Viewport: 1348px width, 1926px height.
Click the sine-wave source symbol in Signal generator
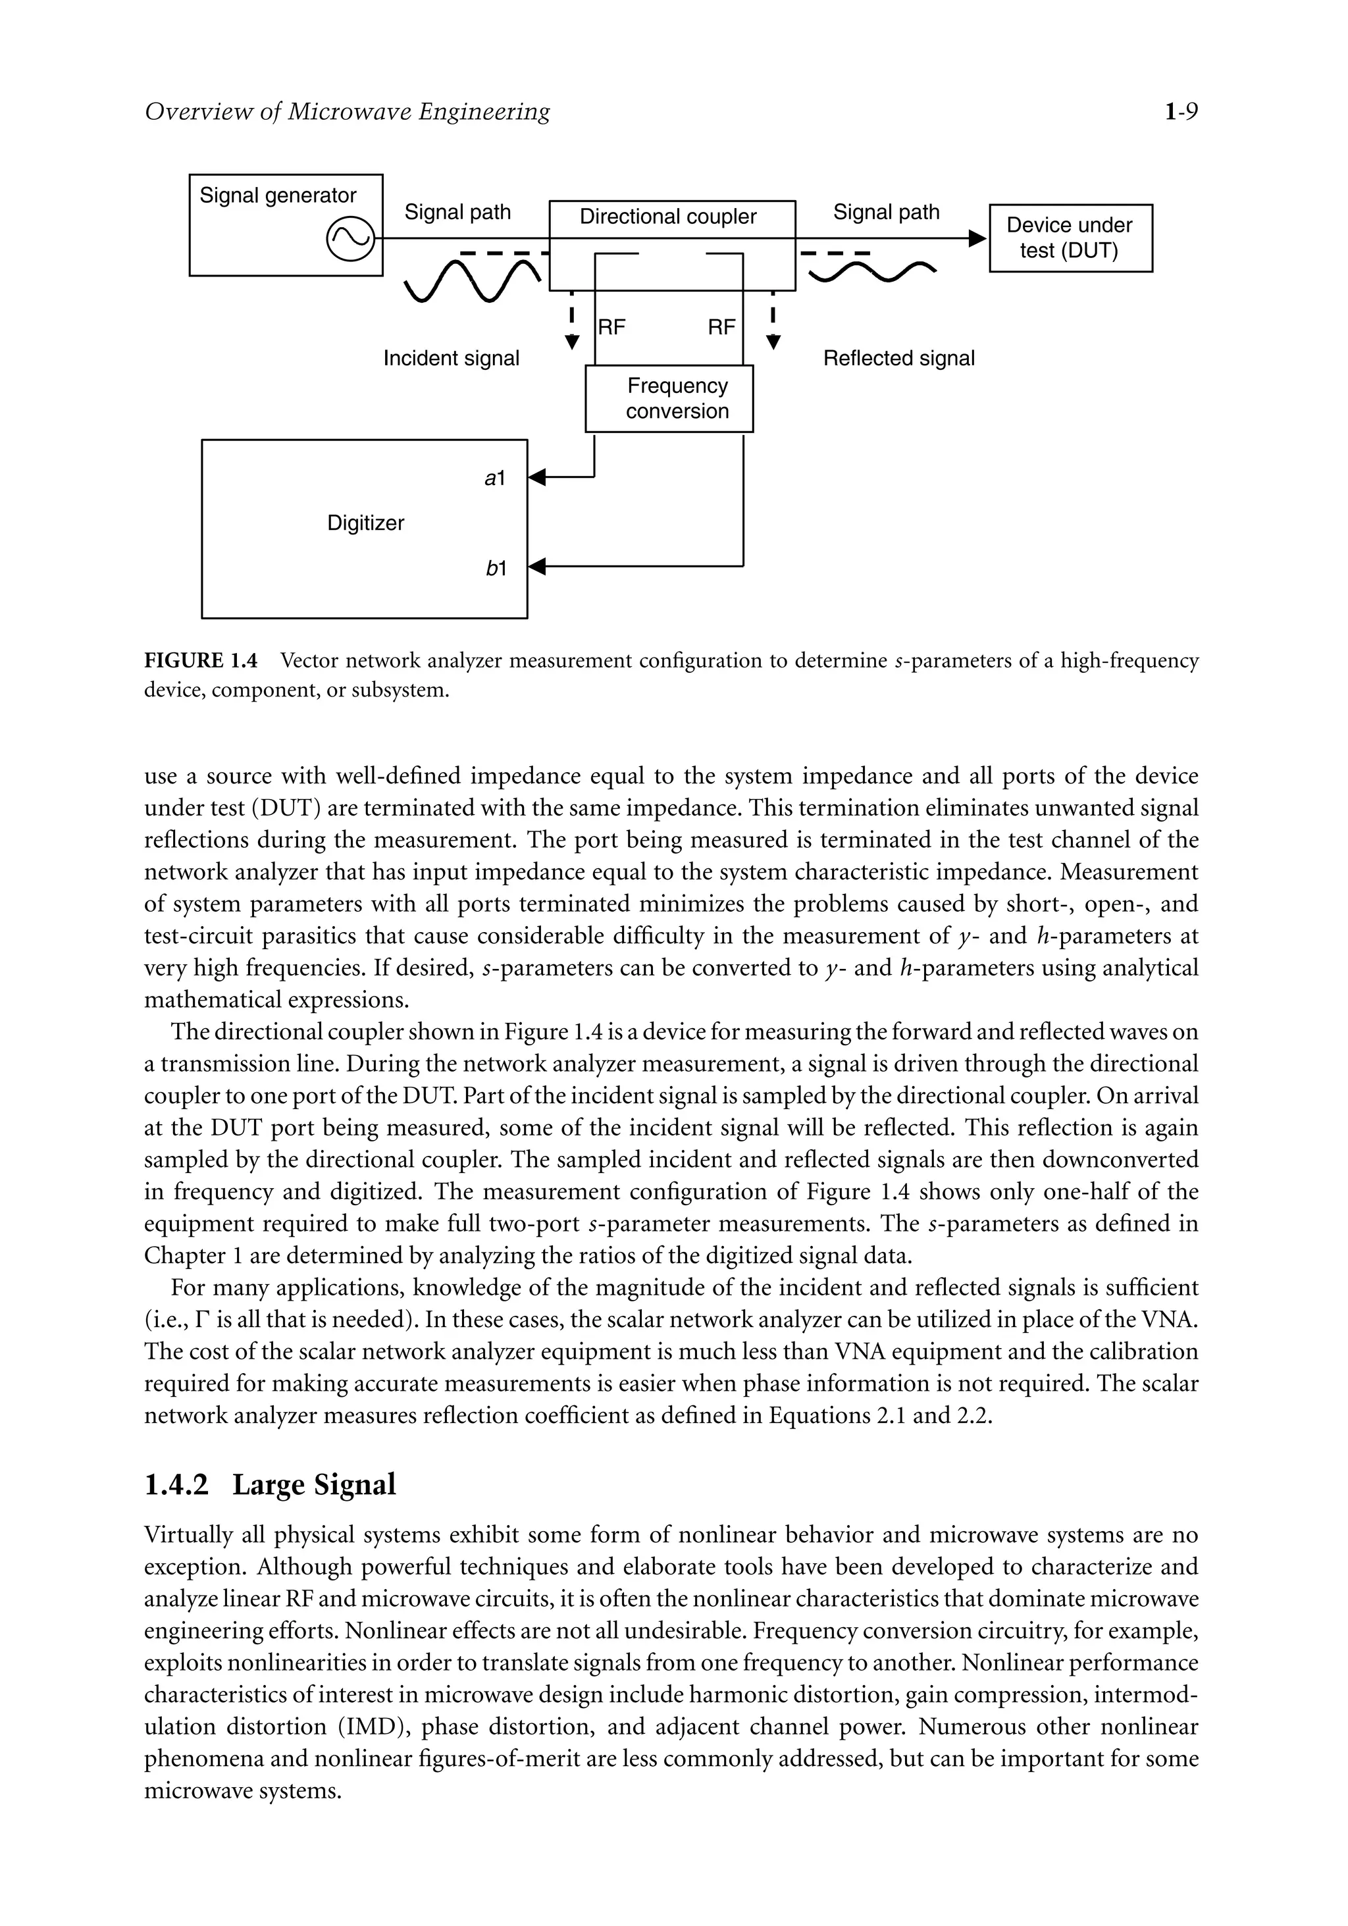tap(349, 239)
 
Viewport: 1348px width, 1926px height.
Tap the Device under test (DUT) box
tap(1070, 238)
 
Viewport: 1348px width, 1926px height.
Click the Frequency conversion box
tap(669, 398)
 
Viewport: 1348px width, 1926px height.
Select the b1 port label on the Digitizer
tap(496, 569)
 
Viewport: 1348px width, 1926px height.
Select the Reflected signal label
tap(898, 359)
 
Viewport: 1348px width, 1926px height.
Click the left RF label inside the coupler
tap(611, 328)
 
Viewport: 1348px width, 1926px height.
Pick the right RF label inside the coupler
tap(721, 328)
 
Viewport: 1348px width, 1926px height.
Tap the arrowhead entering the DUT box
tap(978, 239)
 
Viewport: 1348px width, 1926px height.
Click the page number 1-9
tap(1180, 111)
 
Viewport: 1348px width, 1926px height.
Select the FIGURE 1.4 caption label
tap(201, 661)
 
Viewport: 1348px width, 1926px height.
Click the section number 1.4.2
tap(175, 1485)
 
